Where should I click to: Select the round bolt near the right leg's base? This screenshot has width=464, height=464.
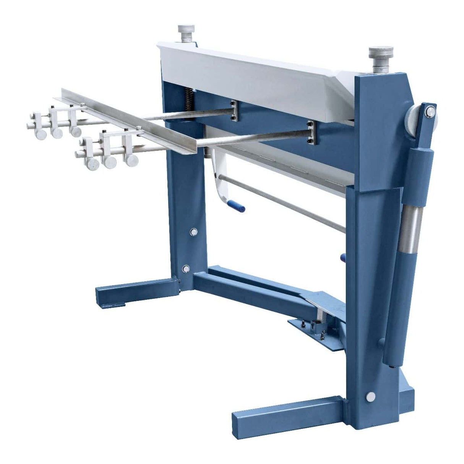coord(370,396)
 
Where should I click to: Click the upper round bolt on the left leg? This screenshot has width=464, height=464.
coord(193,232)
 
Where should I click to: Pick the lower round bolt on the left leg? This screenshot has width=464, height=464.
coord(186,269)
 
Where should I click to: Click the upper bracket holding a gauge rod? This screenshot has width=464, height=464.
coord(234,111)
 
